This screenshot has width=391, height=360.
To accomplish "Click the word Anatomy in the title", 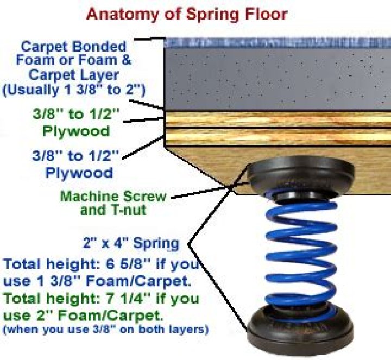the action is pyautogui.click(x=122, y=14).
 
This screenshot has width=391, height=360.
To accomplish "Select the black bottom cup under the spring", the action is pyautogui.click(x=300, y=329).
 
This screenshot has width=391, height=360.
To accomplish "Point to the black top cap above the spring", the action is pyautogui.click(x=300, y=174).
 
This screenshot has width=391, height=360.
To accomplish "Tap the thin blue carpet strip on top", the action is pyautogui.click(x=278, y=42).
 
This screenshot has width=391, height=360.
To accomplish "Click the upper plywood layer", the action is pyautogui.click(x=278, y=119).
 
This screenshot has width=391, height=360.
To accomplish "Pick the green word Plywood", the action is pyautogui.click(x=76, y=131).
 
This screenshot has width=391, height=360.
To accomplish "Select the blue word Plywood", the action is pyautogui.click(x=79, y=173).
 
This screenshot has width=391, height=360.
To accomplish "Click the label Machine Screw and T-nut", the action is pyautogui.click(x=113, y=203).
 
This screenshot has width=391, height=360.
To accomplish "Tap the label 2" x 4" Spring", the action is pyautogui.click(x=131, y=243).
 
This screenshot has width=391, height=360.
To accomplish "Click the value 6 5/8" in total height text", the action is pyautogui.click(x=129, y=264).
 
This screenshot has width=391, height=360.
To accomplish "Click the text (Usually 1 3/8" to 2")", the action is pyautogui.click(x=73, y=90).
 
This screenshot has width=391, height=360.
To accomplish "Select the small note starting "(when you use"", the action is pyautogui.click(x=105, y=330).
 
